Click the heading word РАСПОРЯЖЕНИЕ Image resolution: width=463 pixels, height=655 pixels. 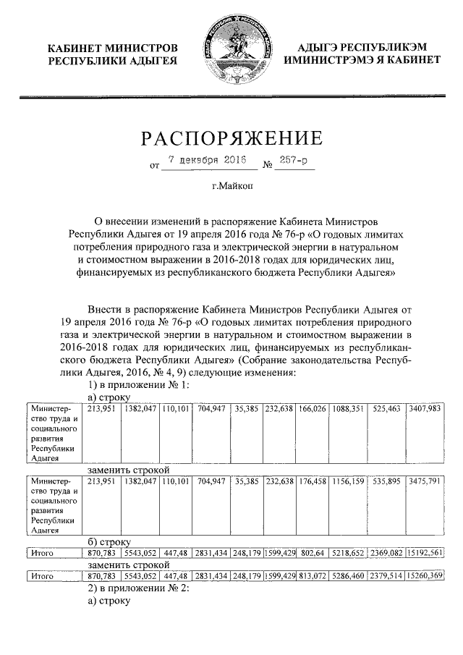231,138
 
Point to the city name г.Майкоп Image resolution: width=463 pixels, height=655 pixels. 231,187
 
